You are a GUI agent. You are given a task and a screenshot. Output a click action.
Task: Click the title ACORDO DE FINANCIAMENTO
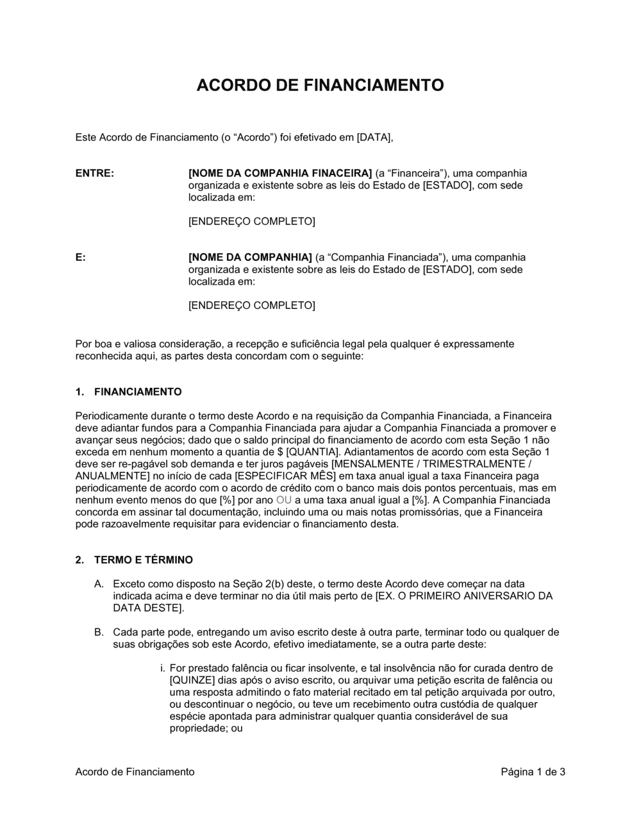coord(320,85)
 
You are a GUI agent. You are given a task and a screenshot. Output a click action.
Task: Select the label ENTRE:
coord(95,174)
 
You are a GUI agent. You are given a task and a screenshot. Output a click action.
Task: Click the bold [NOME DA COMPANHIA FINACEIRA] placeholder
coord(280,174)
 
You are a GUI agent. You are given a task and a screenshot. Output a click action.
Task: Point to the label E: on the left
coord(81,258)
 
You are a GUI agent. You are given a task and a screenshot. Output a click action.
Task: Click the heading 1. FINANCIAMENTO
coord(128,392)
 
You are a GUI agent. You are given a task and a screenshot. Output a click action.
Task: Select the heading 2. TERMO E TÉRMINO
coord(134,560)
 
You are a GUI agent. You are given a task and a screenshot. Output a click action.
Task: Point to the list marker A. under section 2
coord(99,585)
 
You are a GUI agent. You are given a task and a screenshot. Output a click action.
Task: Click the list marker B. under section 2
coord(99,632)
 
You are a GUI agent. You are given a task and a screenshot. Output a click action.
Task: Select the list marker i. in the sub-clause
coord(163,669)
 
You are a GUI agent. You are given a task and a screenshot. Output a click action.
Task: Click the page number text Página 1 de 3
coord(533,772)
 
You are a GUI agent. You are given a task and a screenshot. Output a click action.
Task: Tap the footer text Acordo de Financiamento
coord(135,772)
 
